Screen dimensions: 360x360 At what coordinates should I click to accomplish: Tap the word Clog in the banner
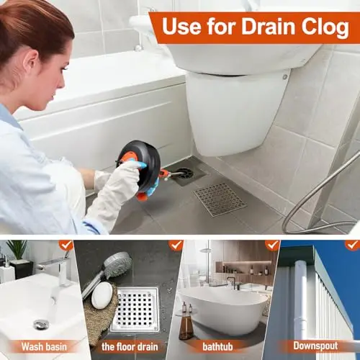(x=325, y=27)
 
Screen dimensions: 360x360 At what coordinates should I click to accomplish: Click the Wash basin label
(x=44, y=346)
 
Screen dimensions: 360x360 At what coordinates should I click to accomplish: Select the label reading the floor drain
(x=130, y=347)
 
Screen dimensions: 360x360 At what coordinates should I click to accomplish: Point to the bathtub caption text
(x=217, y=347)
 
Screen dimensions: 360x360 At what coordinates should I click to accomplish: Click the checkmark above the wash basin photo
(x=66, y=246)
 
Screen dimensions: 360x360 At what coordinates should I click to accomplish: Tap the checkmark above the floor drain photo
(x=176, y=246)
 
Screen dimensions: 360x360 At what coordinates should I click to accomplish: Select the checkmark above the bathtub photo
(x=272, y=246)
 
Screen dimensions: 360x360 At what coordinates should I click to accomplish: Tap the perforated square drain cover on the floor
(x=220, y=199)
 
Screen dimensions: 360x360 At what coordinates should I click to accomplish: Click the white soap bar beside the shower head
(x=102, y=295)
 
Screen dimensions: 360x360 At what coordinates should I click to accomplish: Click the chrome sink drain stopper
(x=41, y=324)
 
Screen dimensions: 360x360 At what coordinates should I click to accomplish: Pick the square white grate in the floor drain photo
(x=135, y=309)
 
